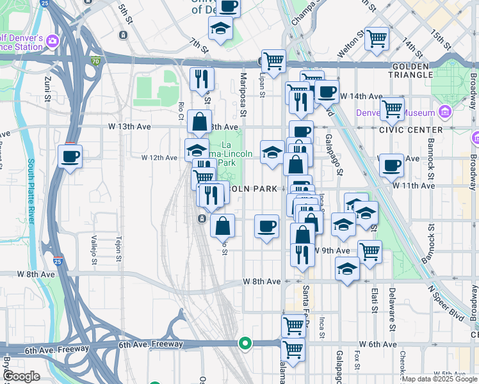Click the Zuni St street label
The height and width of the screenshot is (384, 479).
pyautogui.click(x=47, y=89)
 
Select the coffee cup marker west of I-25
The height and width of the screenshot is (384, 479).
pyautogui.click(x=70, y=155)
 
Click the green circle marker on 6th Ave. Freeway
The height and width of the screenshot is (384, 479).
pyautogui.click(x=244, y=343)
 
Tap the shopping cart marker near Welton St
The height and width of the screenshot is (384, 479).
pyautogui.click(x=377, y=38)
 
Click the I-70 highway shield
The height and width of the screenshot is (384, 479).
pyautogui.click(x=95, y=61)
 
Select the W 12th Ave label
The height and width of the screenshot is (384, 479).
pyautogui.click(x=159, y=157)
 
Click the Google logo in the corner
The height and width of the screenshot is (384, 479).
pyautogui.click(x=22, y=376)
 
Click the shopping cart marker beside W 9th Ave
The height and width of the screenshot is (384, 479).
pyautogui.click(x=369, y=251)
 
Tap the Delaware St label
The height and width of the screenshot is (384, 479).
pyautogui.click(x=392, y=313)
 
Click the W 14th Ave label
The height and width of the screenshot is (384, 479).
pyautogui.click(x=361, y=96)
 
